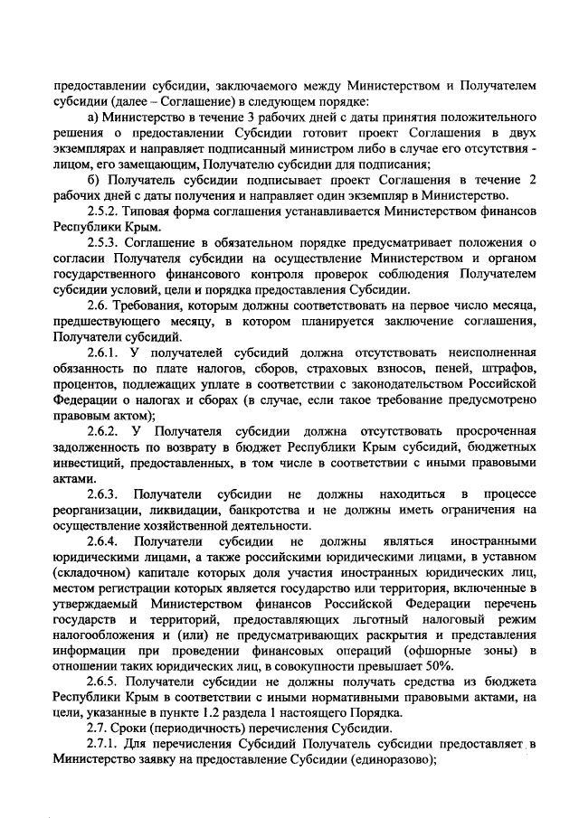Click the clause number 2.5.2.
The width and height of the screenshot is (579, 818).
(103, 210)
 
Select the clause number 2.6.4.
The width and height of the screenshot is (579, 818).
(103, 541)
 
